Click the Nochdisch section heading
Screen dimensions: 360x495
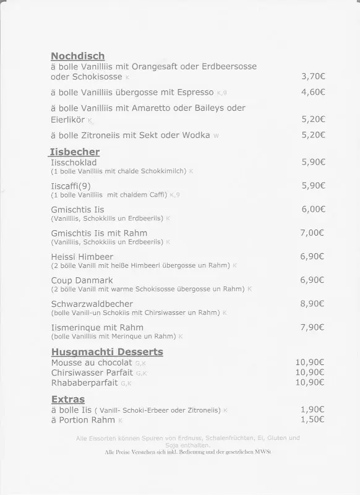(x=77, y=56)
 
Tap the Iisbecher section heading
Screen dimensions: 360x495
(x=74, y=152)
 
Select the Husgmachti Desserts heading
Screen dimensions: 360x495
(x=107, y=352)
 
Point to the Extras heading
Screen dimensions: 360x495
(x=67, y=399)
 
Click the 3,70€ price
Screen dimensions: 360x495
(x=313, y=77)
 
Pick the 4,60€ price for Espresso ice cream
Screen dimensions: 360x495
(x=313, y=92)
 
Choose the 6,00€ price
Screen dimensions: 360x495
(x=313, y=209)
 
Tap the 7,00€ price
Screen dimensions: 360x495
(x=313, y=233)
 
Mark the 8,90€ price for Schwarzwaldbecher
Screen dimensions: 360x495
(x=313, y=303)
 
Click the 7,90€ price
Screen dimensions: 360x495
(x=313, y=327)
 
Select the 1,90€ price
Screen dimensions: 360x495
(x=313, y=410)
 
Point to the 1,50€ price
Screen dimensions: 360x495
(x=313, y=420)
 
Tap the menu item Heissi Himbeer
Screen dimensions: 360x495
(x=82, y=257)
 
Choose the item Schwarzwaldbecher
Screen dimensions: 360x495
(x=92, y=304)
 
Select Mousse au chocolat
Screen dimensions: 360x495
(x=92, y=363)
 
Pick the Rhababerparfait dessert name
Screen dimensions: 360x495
(x=84, y=382)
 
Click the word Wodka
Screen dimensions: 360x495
(x=196, y=135)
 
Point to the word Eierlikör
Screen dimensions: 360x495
(x=67, y=119)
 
